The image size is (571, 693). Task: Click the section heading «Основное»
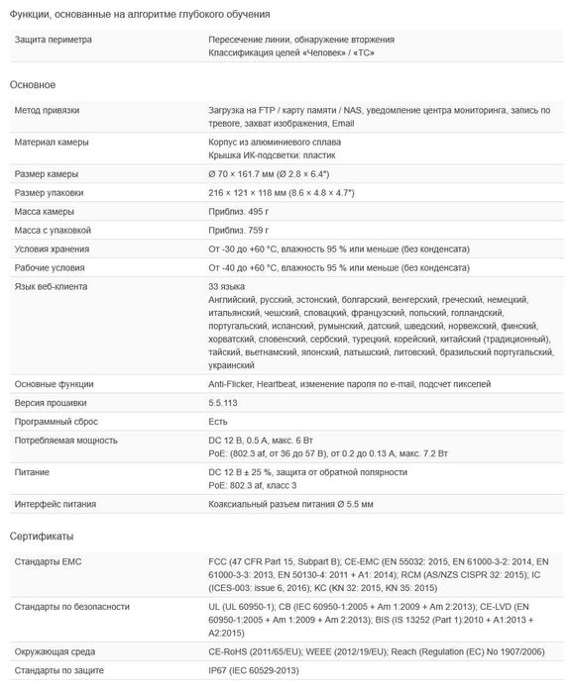click(33, 86)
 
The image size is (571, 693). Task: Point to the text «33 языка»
click(227, 286)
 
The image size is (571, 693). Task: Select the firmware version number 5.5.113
click(224, 403)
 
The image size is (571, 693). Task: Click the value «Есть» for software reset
click(218, 422)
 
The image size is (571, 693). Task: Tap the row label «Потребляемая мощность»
click(65, 441)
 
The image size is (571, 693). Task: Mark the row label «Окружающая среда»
click(57, 652)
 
